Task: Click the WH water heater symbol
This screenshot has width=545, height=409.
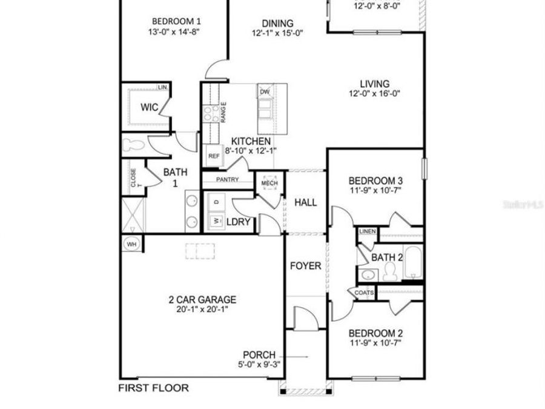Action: coord(131,244)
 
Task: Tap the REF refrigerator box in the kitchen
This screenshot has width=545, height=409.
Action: coord(214,156)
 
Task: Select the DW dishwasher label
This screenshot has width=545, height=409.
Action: coord(265,92)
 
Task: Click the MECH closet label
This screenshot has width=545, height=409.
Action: coord(269,183)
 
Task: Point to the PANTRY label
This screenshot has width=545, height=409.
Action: coord(227,179)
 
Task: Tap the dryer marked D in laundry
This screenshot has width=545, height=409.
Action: coord(216,201)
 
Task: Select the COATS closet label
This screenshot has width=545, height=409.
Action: coord(364,293)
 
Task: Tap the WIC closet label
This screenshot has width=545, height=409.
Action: coord(150,107)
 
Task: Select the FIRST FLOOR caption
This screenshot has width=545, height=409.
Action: coord(153,388)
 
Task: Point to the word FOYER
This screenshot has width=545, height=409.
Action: coord(305,266)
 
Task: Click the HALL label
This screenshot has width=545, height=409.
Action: coord(305,203)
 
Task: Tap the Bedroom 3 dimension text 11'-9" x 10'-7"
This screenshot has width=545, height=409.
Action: coord(375,190)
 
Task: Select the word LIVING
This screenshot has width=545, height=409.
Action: coord(375,84)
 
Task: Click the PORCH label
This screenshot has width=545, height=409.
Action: coord(259,355)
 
